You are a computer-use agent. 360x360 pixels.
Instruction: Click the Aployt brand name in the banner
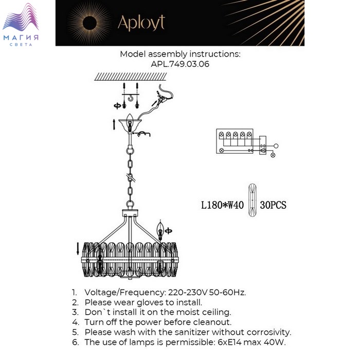[x=141, y=23]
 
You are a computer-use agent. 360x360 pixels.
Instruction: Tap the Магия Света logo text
[x=21, y=40]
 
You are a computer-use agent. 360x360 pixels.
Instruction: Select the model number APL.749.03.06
[x=180, y=64]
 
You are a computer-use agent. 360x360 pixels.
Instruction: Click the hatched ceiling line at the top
[x=131, y=77]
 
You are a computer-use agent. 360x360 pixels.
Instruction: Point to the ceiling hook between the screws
[x=131, y=98]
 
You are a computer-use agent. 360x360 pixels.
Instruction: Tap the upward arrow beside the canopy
[x=114, y=124]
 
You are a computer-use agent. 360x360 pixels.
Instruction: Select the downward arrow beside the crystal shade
[x=78, y=249]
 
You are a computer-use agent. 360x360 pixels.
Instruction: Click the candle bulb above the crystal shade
[x=160, y=230]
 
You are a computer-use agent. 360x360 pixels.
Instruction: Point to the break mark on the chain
[x=131, y=178]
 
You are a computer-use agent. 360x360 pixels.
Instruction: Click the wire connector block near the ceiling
[x=162, y=98]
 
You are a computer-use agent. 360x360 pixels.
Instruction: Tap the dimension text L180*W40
[x=222, y=205]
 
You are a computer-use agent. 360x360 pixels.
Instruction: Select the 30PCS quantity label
[x=273, y=205]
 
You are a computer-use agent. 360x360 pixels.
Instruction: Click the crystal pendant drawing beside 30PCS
[x=252, y=200]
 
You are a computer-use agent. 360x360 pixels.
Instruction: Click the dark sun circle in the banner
[x=89, y=23]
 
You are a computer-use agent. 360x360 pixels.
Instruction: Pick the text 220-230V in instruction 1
[x=188, y=293]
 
